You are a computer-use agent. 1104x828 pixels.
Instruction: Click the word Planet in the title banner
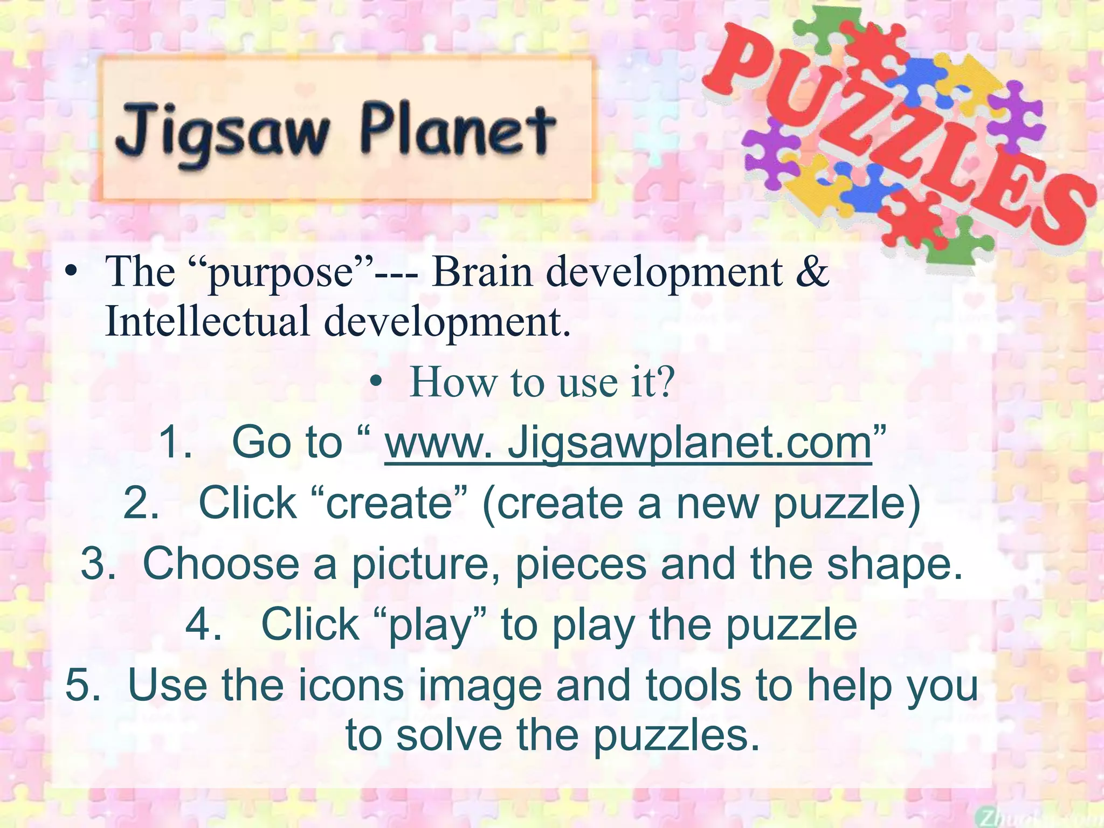point(457,130)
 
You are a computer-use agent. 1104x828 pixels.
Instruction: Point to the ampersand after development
point(812,271)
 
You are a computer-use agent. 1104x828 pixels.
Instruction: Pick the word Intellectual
point(208,321)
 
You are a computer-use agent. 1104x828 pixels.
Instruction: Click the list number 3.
point(98,564)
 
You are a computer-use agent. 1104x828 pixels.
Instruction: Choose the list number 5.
point(82,685)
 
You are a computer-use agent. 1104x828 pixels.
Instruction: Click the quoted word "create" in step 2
point(389,503)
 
